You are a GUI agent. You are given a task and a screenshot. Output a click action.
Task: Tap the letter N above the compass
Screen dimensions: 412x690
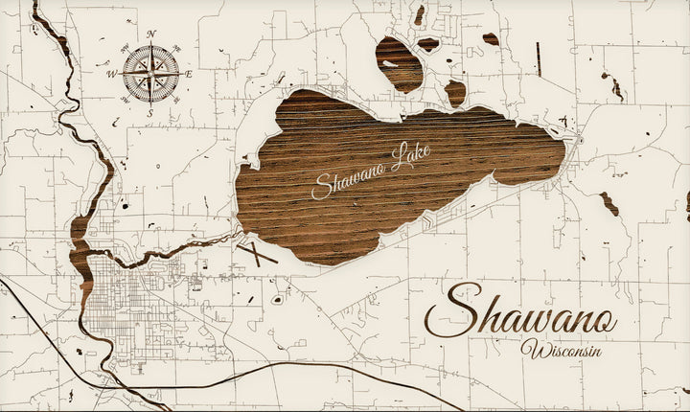pyautogui.click(x=151, y=33)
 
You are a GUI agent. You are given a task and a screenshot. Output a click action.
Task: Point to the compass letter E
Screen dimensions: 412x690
pyautogui.click(x=189, y=73)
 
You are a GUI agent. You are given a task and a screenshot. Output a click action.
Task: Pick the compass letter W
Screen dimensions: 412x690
pyautogui.click(x=112, y=72)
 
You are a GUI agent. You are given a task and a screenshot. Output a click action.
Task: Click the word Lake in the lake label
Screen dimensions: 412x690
pyautogui.click(x=411, y=156)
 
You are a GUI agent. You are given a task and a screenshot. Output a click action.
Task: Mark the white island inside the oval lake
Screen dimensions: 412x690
pyautogui.click(x=388, y=64)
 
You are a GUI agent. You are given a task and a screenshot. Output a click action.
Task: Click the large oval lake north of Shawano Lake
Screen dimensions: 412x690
pyautogui.click(x=399, y=62)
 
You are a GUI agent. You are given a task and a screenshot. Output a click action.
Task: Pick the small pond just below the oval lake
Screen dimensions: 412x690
pyautogui.click(x=455, y=93)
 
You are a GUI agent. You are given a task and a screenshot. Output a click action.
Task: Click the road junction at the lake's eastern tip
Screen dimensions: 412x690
pyautogui.click(x=579, y=141)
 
